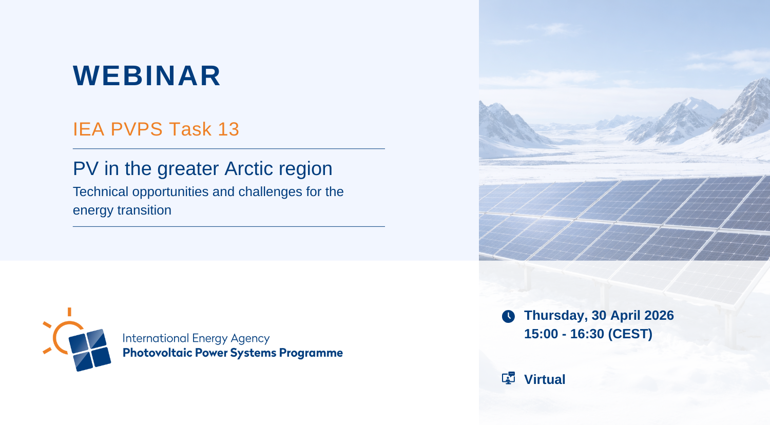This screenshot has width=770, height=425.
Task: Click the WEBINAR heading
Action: [x=147, y=75]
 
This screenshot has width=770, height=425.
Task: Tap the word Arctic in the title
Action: [x=249, y=168]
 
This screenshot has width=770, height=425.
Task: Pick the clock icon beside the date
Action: [x=508, y=316]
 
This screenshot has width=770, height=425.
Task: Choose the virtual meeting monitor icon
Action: [x=508, y=378]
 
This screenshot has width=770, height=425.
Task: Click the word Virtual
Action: [x=545, y=380]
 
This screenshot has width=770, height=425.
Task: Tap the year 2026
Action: [x=659, y=315]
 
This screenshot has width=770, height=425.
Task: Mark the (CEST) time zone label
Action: [x=630, y=334]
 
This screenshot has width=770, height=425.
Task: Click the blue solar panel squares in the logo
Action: [x=90, y=350]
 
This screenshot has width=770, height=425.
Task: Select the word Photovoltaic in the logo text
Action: [x=157, y=353]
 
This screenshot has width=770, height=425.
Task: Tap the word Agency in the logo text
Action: [x=250, y=339]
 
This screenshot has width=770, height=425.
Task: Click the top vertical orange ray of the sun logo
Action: [x=69, y=312]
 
